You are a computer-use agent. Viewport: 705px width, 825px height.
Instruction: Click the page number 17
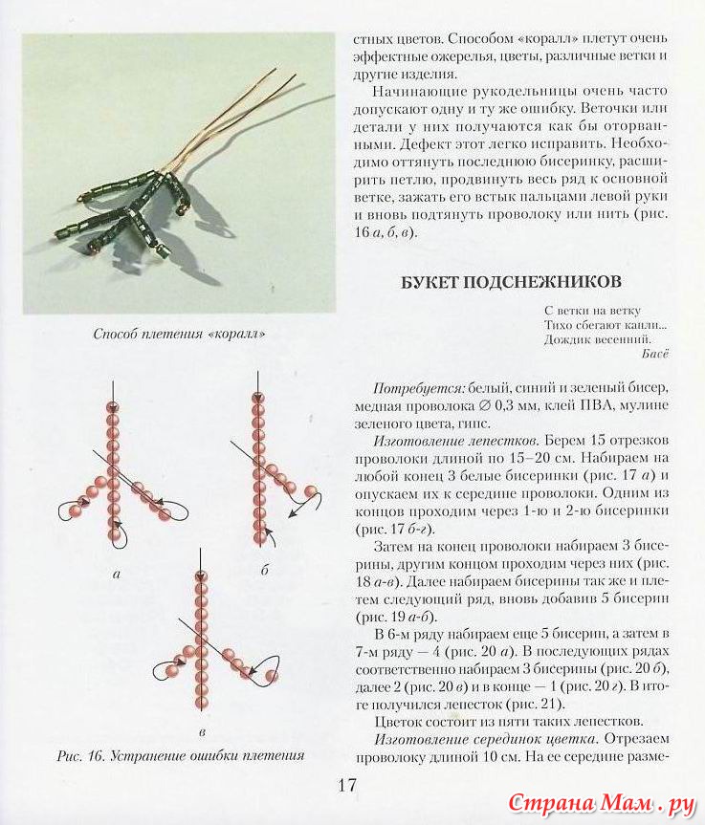(345, 786)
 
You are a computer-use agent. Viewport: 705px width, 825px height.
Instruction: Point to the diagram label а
(116, 574)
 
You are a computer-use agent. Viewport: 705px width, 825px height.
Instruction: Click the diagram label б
(264, 571)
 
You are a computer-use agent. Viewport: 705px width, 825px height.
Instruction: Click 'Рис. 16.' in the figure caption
(79, 755)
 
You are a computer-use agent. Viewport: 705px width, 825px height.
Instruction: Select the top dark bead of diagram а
(115, 407)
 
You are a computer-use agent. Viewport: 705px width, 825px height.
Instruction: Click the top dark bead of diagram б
(256, 397)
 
